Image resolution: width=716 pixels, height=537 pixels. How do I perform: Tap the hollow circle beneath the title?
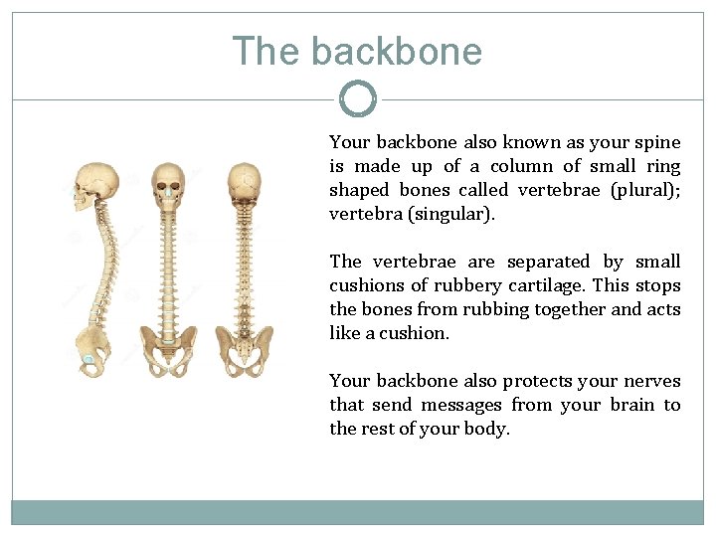[x=358, y=98]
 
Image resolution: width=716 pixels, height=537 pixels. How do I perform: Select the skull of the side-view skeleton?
[x=96, y=187]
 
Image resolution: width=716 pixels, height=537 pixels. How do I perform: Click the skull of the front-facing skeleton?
[x=168, y=183]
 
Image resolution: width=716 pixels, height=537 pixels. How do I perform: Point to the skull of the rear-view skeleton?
[x=244, y=183]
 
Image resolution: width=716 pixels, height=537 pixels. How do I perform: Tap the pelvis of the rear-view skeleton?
[x=244, y=350]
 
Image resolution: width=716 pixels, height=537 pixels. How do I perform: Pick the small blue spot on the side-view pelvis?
[x=89, y=359]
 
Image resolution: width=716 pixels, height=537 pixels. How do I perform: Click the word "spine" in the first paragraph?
[x=659, y=142]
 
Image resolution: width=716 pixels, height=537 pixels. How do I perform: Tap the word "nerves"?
[x=651, y=381]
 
